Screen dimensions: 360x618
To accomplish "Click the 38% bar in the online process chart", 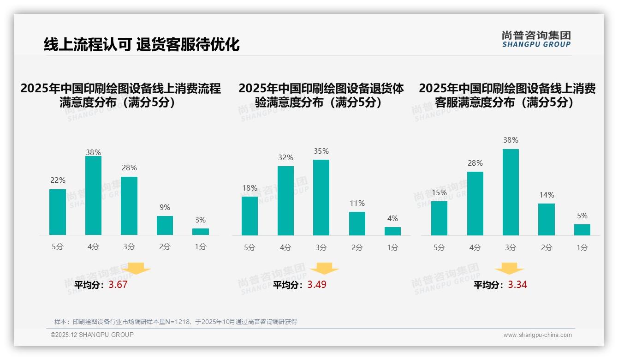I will tap(93, 196).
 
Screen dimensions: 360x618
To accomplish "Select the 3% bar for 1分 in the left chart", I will tap(201, 232).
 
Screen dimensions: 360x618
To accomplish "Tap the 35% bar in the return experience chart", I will tap(321, 198).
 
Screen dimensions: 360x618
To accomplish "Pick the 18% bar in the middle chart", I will tap(250, 216).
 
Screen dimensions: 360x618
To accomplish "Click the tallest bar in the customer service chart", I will tap(511, 192).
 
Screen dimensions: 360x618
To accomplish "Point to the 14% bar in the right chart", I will tap(547, 219).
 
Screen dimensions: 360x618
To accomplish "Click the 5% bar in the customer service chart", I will tap(582, 230).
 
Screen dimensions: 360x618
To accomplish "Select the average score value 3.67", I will tap(118, 285).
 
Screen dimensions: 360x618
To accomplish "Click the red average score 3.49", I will tap(317, 285).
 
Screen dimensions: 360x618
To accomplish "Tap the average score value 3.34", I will tap(517, 285).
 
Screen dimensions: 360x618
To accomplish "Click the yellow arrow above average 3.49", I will tap(324, 269).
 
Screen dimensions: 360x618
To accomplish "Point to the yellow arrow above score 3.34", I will tap(509, 269).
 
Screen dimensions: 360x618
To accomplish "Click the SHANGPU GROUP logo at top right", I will tap(536, 39).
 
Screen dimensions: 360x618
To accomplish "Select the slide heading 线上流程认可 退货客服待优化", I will tap(142, 45).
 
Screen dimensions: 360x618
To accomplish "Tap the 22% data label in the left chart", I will tap(58, 180).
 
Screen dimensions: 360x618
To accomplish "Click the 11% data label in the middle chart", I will tap(357, 204).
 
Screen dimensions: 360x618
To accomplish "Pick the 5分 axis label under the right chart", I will tap(439, 248).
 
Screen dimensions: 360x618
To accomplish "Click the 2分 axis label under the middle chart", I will tap(357, 248).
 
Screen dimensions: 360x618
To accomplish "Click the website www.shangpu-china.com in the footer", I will tap(537, 335).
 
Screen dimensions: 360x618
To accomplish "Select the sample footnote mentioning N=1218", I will tap(176, 322).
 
